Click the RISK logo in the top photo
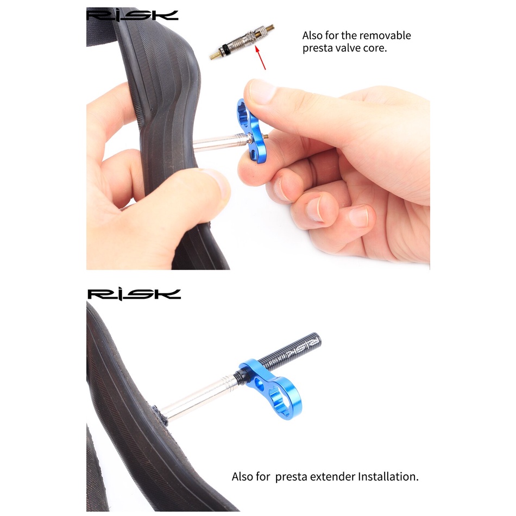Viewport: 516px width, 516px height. point(133,15)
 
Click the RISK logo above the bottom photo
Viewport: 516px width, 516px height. point(134,294)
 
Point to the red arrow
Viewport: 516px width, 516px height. point(261,58)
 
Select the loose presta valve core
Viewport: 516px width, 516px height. point(242,42)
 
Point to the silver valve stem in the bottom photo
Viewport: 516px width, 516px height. point(200,398)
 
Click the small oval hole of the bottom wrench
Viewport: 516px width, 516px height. point(259,383)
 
